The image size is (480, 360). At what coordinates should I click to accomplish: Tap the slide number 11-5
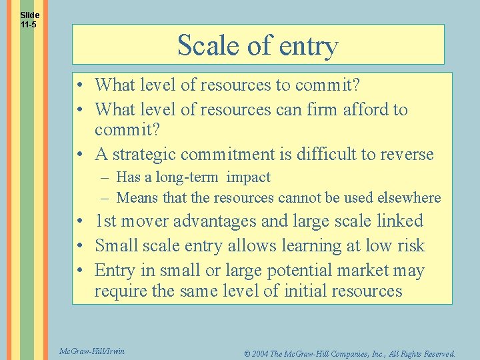[29, 25]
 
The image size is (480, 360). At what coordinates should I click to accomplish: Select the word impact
[248, 177]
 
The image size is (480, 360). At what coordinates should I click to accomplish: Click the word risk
[411, 245]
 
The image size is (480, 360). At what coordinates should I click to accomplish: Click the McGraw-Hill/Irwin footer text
[91, 351]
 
